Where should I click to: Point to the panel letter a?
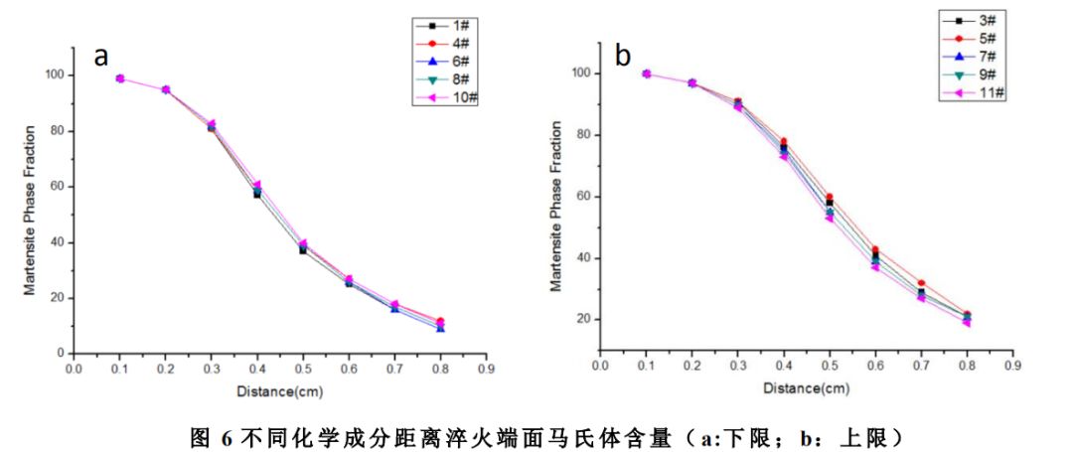point(100,56)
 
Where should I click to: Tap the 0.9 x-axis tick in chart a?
point(486,367)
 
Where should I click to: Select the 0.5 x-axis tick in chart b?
point(829,366)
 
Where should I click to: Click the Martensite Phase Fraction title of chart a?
point(31,212)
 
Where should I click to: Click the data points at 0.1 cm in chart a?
point(120,78)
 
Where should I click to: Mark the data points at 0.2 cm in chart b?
point(691,82)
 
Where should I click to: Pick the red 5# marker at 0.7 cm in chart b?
point(921,283)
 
